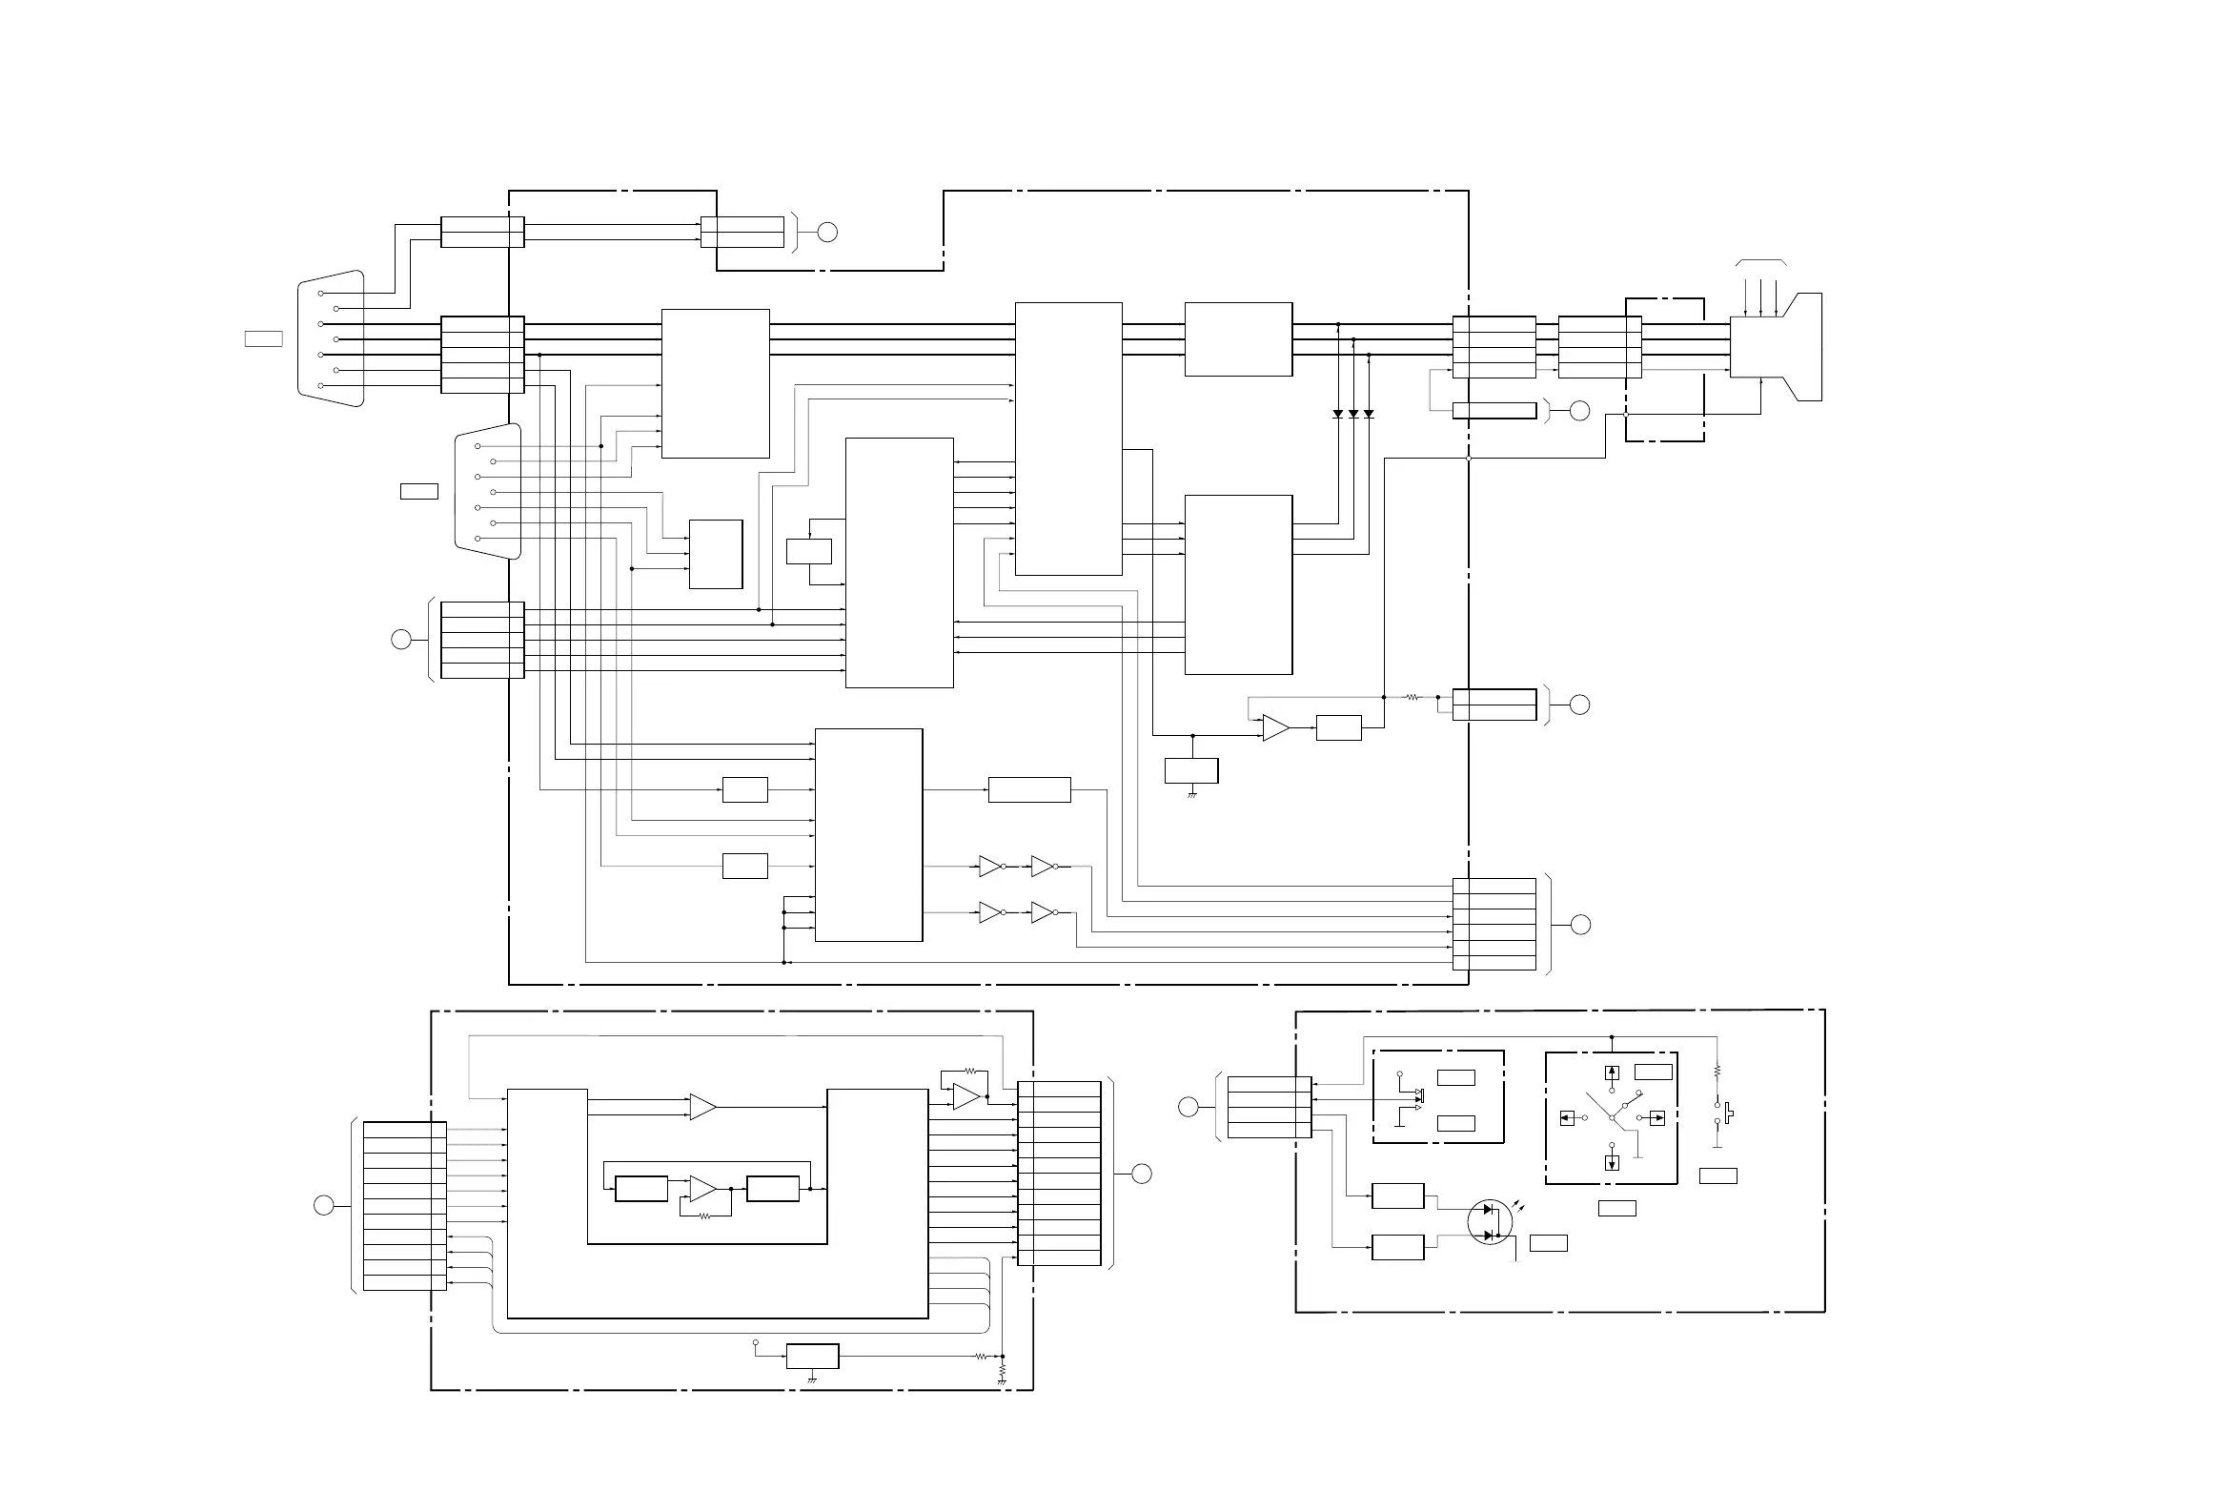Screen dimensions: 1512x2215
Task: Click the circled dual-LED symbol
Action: click(1489, 1222)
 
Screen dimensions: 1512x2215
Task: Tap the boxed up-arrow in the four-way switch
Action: click(1612, 1073)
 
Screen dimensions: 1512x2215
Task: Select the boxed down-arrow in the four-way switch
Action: click(1612, 1163)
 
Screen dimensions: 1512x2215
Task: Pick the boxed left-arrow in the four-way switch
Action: click(1567, 1118)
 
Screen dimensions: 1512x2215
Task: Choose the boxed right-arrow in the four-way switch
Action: click(1656, 1118)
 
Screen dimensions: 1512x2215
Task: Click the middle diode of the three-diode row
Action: click(1353, 414)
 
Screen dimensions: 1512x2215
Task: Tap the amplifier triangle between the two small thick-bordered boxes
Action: click(703, 1189)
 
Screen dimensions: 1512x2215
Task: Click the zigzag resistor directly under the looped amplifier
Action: click(704, 1216)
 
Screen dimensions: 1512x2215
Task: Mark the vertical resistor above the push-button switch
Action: click(1717, 1072)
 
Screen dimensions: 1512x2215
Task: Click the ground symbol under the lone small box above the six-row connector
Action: click(1191, 793)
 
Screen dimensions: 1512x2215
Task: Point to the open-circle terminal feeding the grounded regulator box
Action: click(755, 1343)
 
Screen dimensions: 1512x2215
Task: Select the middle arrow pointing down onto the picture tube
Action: click(1761, 297)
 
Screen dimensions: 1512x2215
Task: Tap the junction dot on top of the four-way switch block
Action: click(1611, 1037)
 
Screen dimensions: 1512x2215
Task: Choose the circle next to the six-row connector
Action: click(1580, 925)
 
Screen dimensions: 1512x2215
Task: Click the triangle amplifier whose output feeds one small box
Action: click(1275, 728)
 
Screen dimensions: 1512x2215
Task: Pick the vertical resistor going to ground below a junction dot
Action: click(1003, 1372)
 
